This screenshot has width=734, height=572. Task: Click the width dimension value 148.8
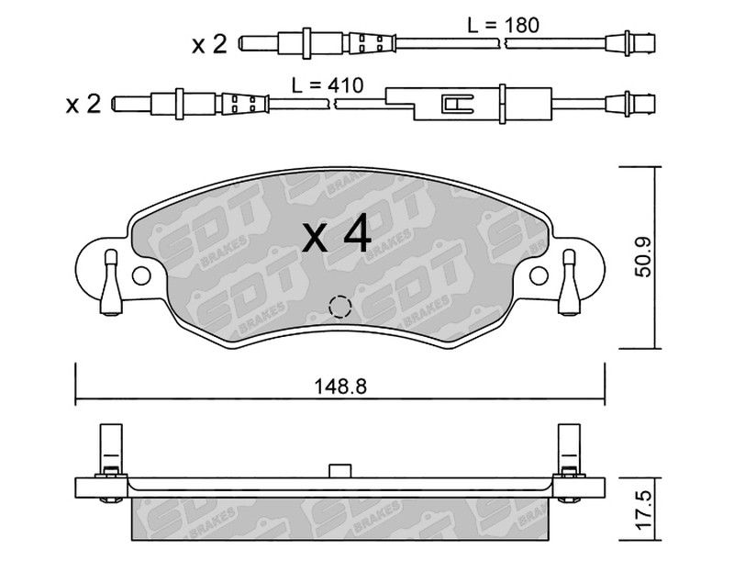[340, 387]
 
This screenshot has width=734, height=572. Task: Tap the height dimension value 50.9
[644, 257]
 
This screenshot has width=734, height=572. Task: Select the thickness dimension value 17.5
[644, 510]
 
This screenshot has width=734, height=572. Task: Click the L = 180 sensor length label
[503, 25]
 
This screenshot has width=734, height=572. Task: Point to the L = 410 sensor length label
[328, 85]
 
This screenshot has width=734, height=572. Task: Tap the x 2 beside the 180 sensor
[209, 44]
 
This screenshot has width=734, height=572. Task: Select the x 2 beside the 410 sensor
[83, 104]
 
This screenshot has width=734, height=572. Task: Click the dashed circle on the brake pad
[340, 308]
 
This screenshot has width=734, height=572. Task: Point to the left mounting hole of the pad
[141, 276]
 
